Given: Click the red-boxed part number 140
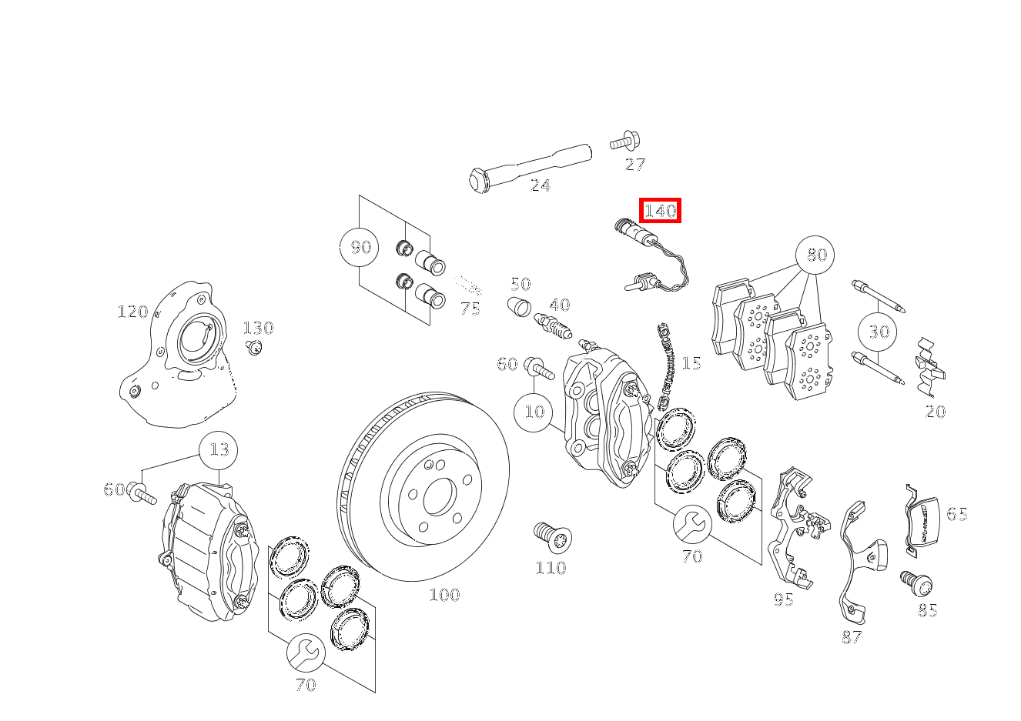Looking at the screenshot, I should coord(660,210).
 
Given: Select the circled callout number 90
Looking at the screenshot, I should coord(360,247).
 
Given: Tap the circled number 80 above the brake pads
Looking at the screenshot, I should coord(816,254).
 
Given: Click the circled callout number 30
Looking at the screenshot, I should coord(879,331).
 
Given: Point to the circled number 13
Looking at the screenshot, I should coord(219,449).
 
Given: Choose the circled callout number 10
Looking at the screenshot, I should coord(534,412).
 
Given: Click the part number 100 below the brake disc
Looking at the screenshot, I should coord(444,595).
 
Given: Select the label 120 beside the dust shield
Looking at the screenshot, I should coord(132,312).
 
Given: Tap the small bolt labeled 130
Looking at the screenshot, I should coord(253,347).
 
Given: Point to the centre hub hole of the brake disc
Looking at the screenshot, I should coord(439,496).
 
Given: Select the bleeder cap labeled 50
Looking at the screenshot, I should coord(520,306).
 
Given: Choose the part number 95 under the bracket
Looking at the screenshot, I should coord(783,599).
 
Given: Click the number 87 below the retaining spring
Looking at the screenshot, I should coord(851,637).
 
